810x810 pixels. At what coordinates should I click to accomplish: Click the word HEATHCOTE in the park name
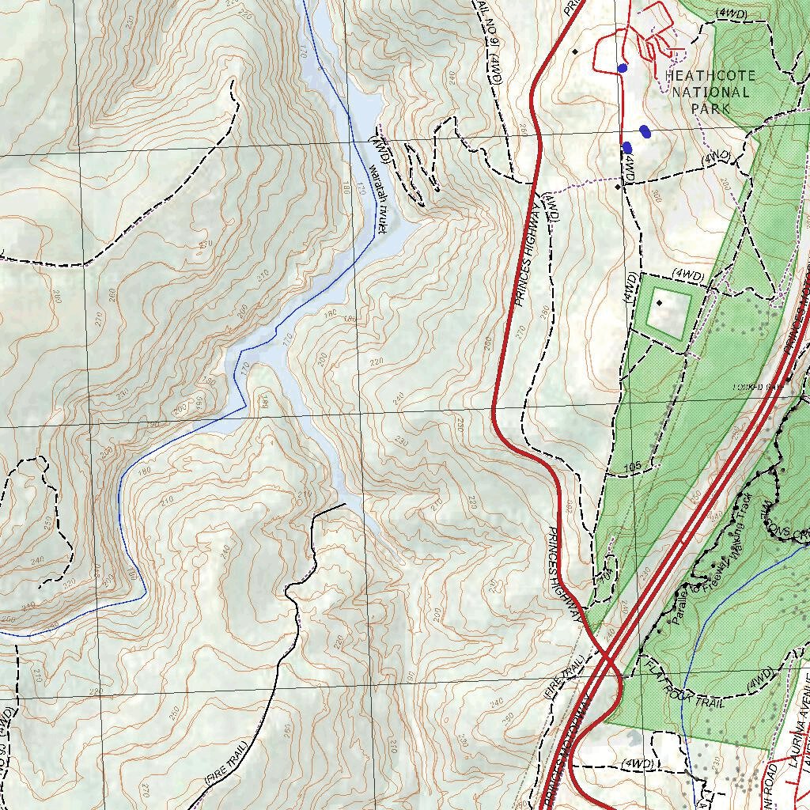710,76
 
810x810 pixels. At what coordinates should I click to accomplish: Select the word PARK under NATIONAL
710,108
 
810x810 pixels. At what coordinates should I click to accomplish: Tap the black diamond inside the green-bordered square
659,303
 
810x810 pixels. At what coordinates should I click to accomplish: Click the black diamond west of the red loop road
575,51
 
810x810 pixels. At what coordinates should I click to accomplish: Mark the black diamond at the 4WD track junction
617,187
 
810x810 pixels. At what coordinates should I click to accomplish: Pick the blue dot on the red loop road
623,68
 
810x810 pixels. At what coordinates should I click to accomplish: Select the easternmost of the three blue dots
645,131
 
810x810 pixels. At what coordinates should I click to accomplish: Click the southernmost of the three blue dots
627,147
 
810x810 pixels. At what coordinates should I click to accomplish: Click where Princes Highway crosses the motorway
605,655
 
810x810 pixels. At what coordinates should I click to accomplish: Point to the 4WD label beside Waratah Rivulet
380,146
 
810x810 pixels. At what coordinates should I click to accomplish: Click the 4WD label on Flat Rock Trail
759,677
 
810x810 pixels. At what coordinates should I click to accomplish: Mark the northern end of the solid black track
345,504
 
